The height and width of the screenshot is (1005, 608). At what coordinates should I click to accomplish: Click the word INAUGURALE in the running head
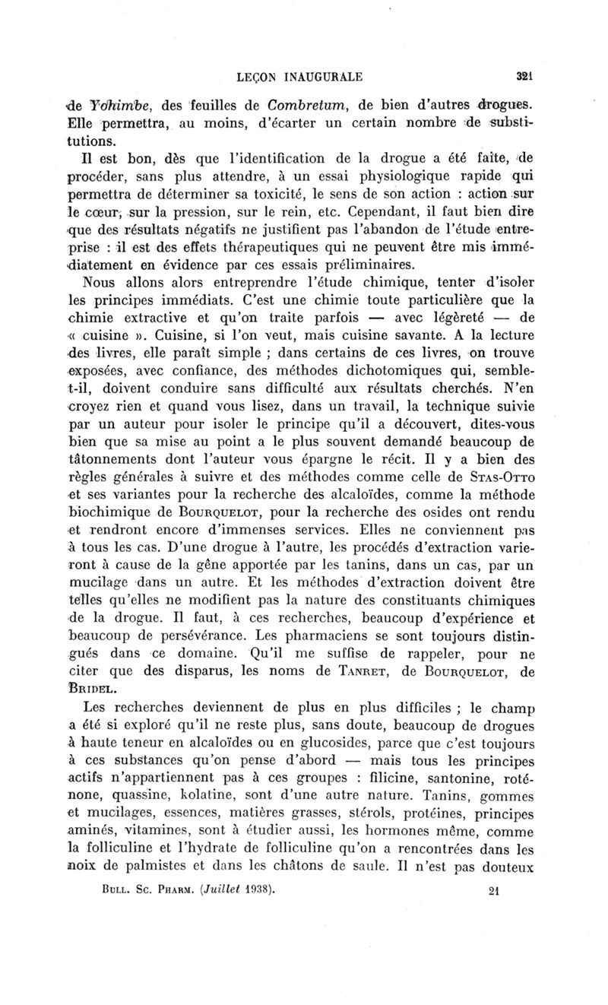pyautogui.click(x=318, y=76)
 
